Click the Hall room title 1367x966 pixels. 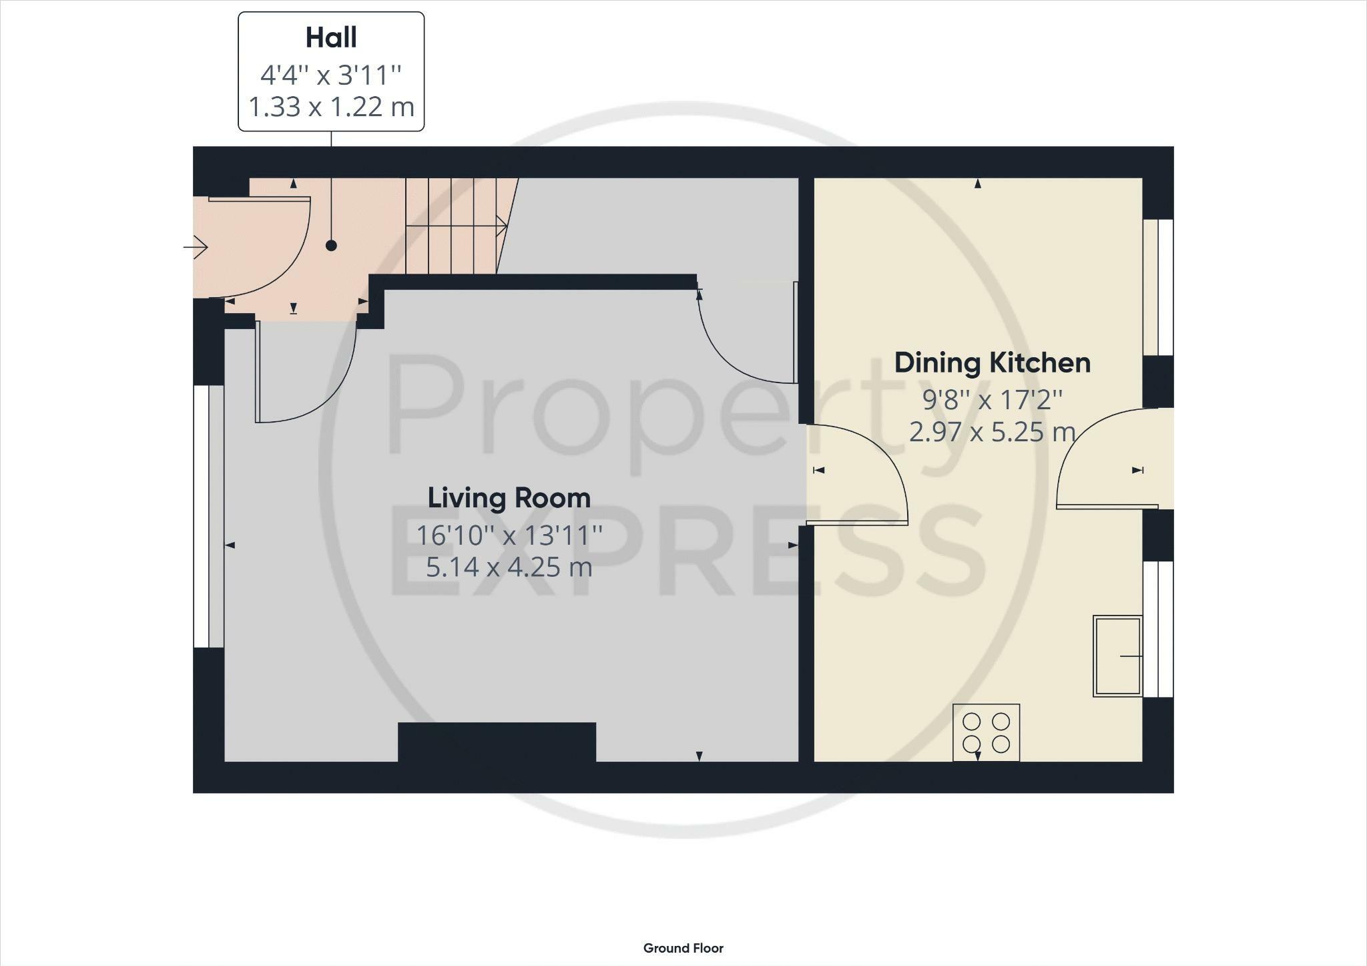(331, 37)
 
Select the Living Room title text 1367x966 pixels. (509, 498)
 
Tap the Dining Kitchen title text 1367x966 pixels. (993, 363)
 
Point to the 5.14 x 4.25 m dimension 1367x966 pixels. (509, 567)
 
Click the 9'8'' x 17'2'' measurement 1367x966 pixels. (993, 400)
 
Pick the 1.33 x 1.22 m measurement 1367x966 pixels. (331, 107)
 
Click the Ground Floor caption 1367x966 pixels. (683, 948)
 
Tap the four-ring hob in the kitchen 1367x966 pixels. (986, 732)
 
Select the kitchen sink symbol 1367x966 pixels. (1117, 656)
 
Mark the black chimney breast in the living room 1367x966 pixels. (497, 742)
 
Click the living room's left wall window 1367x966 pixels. (208, 516)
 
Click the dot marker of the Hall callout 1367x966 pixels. (331, 246)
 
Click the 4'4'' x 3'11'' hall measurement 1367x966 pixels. (331, 75)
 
